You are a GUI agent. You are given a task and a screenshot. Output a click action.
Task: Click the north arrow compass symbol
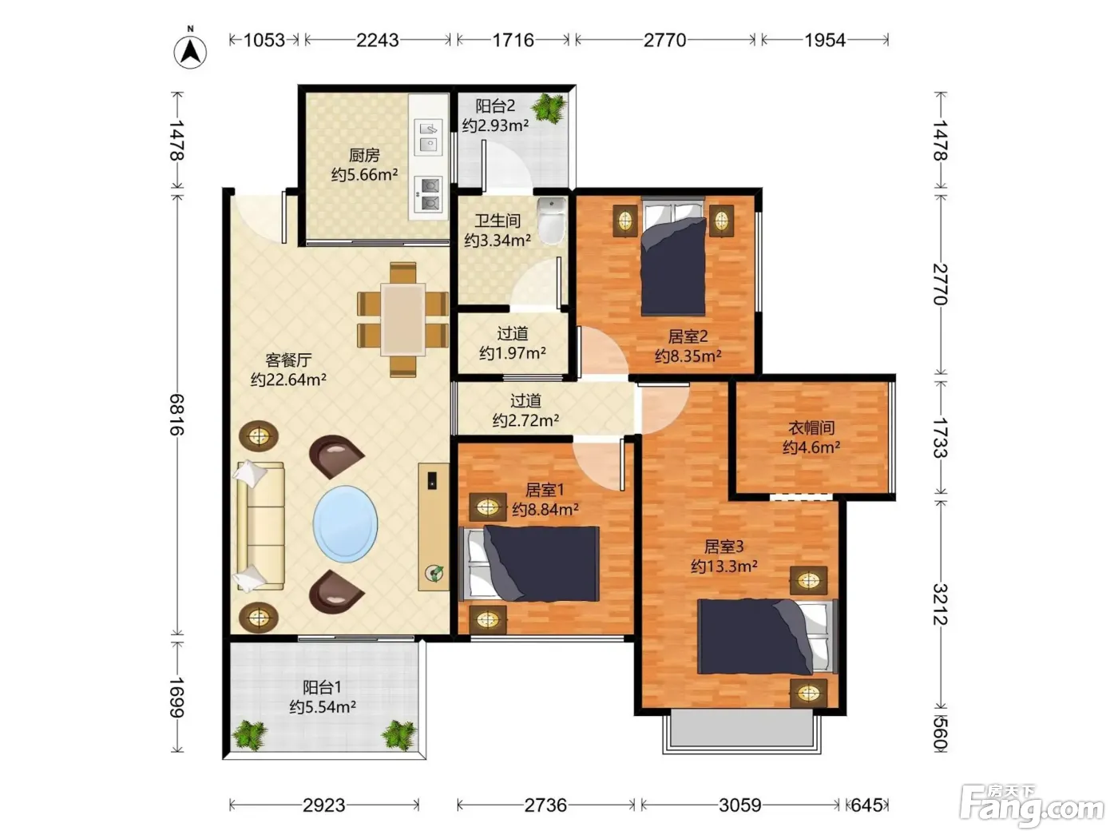pyautogui.click(x=190, y=51)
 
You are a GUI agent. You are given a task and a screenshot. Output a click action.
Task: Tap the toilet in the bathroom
pyautogui.click(x=552, y=221)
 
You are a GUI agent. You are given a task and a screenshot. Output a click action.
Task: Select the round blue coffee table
pyautogui.click(x=345, y=523)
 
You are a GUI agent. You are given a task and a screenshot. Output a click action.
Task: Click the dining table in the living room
pyautogui.click(x=403, y=320)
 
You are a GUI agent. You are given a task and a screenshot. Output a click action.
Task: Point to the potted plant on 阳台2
pyautogui.click(x=549, y=108)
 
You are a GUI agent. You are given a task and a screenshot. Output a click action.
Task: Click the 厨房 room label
pyautogui.click(x=364, y=155)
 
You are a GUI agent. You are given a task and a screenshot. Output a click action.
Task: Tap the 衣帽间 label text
pyautogui.click(x=811, y=427)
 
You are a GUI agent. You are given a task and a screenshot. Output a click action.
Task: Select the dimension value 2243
pyautogui.click(x=378, y=40)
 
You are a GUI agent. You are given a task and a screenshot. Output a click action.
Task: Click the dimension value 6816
pyautogui.click(x=177, y=414)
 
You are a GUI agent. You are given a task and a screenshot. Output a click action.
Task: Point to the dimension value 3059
pyautogui.click(x=740, y=805)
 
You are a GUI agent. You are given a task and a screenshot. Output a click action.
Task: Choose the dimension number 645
pyautogui.click(x=867, y=805)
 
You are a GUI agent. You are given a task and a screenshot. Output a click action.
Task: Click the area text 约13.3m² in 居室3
pyautogui.click(x=724, y=566)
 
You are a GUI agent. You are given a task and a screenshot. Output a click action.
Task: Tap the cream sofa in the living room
pyautogui.click(x=260, y=526)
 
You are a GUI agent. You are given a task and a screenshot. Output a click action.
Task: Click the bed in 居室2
pyautogui.click(x=673, y=256)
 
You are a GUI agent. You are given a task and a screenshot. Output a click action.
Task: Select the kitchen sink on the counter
pyautogui.click(x=428, y=137)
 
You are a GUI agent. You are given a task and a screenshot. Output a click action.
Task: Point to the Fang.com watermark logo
pyautogui.click(x=1032, y=805)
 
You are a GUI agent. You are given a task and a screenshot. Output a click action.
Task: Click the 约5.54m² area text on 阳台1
pyautogui.click(x=323, y=707)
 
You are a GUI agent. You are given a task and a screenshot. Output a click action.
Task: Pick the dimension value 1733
pyautogui.click(x=940, y=438)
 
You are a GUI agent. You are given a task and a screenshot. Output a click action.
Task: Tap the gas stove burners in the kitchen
pyautogui.click(x=428, y=194)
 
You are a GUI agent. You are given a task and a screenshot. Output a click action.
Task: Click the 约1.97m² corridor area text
pyautogui.click(x=513, y=352)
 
